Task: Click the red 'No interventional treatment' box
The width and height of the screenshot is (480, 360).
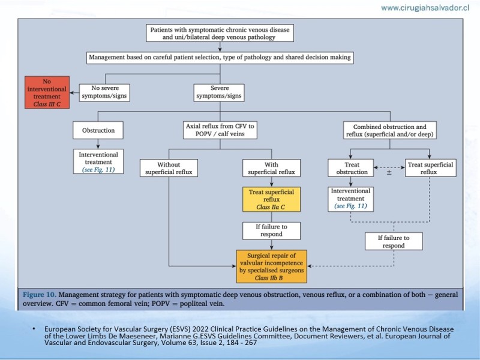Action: tap(47, 92)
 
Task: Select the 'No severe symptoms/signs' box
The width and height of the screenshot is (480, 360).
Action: tap(104, 93)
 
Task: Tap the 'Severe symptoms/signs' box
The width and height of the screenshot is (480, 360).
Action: tap(219, 93)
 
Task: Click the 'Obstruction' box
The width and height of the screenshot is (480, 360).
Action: tap(98, 130)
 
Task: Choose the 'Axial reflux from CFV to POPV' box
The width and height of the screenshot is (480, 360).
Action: tap(220, 130)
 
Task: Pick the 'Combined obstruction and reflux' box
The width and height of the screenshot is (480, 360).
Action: tap(389, 130)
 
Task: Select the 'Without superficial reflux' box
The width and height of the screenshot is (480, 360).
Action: tap(169, 168)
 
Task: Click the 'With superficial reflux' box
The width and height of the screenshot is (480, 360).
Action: tap(272, 168)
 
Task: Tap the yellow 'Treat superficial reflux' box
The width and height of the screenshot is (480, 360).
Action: tap(272, 199)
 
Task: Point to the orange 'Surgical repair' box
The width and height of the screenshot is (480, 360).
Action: tap(272, 266)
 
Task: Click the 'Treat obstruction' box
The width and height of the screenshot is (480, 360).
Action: tap(351, 168)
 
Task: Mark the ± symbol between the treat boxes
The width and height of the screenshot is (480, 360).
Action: tap(389, 172)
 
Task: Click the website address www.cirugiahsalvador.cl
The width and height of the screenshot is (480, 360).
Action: tap(425, 8)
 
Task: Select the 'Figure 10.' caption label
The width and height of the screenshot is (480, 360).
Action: tap(40, 295)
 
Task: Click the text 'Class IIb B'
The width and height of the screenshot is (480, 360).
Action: tap(269, 278)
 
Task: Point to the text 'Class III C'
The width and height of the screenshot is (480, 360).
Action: tap(47, 104)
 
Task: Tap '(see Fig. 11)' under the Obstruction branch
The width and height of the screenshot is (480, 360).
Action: tap(98, 170)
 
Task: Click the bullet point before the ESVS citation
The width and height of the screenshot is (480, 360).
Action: tap(34, 329)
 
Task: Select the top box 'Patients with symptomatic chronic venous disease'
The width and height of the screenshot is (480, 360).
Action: tap(220, 33)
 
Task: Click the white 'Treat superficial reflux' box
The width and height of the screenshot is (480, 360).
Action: tap(430, 168)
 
